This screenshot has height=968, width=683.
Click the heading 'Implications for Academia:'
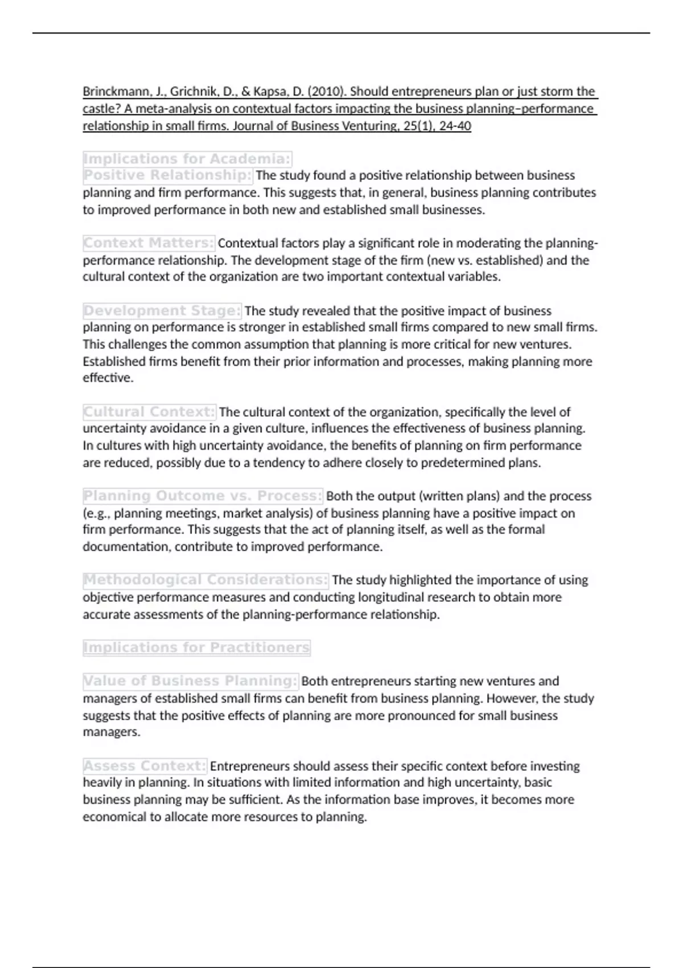187,159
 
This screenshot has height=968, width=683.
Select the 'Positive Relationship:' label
168,175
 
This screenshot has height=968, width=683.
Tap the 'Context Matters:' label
149,243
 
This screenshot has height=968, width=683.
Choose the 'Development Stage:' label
162,311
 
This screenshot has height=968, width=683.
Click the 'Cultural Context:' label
150,412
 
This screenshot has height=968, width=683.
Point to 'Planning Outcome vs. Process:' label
203,496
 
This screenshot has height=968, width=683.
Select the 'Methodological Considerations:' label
205,580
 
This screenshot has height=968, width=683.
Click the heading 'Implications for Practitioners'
196,648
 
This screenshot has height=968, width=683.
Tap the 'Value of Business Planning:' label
191,681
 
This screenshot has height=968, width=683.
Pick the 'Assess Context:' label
145,766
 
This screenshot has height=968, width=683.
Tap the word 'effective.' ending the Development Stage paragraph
108,378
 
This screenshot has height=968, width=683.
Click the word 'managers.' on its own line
112,732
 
